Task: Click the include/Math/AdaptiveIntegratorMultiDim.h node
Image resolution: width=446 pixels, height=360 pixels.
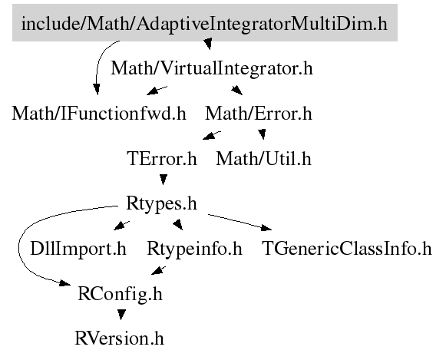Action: [x=204, y=23]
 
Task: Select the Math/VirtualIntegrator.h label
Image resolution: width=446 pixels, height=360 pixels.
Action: [x=212, y=68]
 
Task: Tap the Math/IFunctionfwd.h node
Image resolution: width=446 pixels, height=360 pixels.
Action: [x=99, y=113]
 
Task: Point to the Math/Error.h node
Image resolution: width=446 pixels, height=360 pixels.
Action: [x=259, y=113]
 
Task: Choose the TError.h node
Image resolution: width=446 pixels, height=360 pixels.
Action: [x=161, y=158]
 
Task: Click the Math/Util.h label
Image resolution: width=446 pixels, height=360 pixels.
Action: [x=263, y=158]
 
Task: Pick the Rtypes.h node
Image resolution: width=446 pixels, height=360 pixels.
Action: [x=161, y=203]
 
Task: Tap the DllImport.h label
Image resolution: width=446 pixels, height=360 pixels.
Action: [x=78, y=249]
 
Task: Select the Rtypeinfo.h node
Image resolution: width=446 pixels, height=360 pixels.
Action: [x=194, y=249]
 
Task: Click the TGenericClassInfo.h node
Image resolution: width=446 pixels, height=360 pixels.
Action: [x=346, y=249]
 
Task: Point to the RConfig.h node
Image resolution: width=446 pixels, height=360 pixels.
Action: [x=120, y=294]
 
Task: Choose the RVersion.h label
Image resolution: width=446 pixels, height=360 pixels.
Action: [x=119, y=339]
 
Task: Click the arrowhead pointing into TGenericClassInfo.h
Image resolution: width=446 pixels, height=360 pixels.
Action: [x=266, y=227]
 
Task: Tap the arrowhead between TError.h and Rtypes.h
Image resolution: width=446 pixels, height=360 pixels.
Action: [x=163, y=179]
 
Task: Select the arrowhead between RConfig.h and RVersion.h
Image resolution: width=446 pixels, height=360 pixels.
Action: [x=121, y=314]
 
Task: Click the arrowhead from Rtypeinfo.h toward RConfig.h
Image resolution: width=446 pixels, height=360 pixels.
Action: [x=158, y=270]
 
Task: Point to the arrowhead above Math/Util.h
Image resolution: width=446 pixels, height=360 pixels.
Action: [x=263, y=134]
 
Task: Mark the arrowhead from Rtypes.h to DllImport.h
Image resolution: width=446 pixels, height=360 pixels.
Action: [x=121, y=226]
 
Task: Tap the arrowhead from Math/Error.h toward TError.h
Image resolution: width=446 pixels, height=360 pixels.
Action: [x=211, y=135]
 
